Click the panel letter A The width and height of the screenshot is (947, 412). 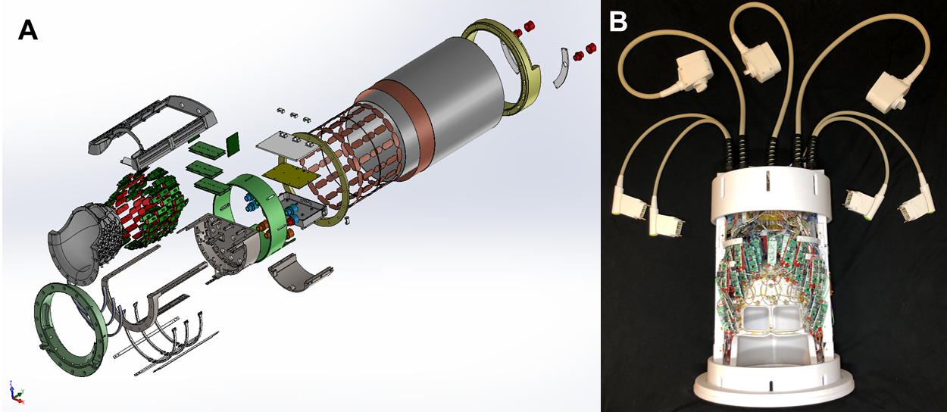coord(28,31)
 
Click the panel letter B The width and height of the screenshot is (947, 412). coord(618,21)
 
